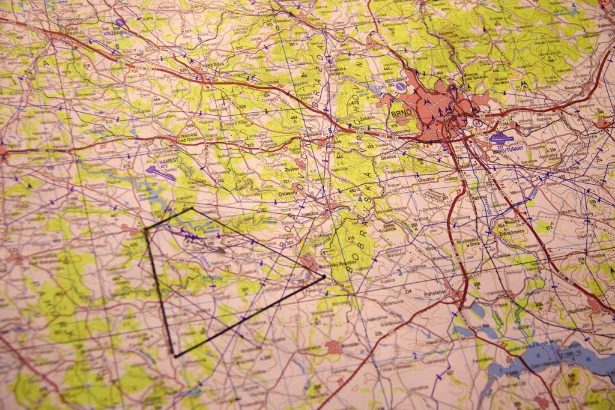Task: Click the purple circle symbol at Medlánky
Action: [400, 86]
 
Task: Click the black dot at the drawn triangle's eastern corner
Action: [323, 277]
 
